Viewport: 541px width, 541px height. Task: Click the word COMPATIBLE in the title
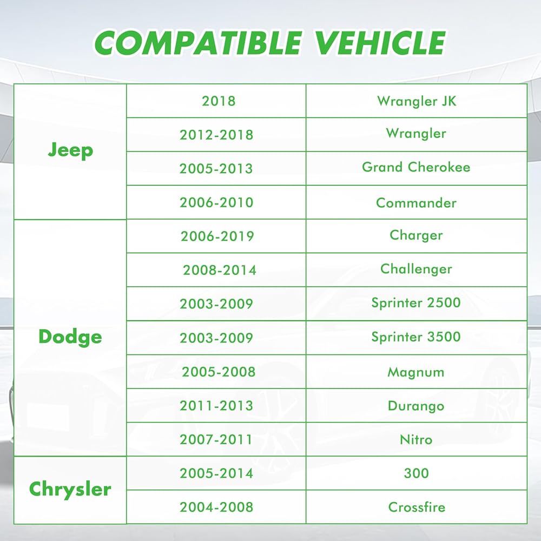199,43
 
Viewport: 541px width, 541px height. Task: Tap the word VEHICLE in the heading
380,43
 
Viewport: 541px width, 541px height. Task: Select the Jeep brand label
70,151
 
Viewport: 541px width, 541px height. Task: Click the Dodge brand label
70,337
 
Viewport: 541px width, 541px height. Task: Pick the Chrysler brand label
70,489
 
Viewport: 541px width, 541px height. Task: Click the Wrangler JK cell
417,101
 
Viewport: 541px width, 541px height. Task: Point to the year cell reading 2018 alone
219,101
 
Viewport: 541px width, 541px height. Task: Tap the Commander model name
416,203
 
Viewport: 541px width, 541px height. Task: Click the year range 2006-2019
217,236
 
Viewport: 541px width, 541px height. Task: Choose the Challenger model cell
416,269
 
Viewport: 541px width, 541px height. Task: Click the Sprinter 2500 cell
416,303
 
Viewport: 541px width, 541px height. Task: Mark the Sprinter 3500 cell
416,337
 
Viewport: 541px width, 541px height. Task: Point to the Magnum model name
416,372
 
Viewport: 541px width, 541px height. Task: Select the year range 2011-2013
216,406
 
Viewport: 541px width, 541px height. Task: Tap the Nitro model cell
416,439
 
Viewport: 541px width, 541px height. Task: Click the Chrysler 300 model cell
416,473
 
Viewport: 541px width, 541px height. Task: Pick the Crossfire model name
417,507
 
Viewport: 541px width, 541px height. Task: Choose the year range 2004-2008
216,507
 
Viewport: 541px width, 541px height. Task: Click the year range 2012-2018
216,135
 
